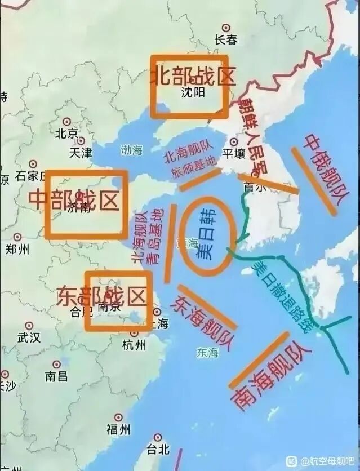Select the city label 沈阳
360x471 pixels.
point(193,92)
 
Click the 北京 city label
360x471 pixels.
point(66,134)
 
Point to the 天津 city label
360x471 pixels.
point(80,152)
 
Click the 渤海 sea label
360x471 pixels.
point(132,150)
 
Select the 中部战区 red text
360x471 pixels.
point(74,199)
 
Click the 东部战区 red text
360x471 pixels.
point(101,296)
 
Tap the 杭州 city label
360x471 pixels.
point(134,345)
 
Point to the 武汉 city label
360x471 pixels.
point(29,337)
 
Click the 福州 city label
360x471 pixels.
point(118,429)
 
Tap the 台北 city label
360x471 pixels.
point(157,449)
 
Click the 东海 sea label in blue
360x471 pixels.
point(207,353)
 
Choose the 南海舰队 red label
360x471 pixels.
point(270,376)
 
